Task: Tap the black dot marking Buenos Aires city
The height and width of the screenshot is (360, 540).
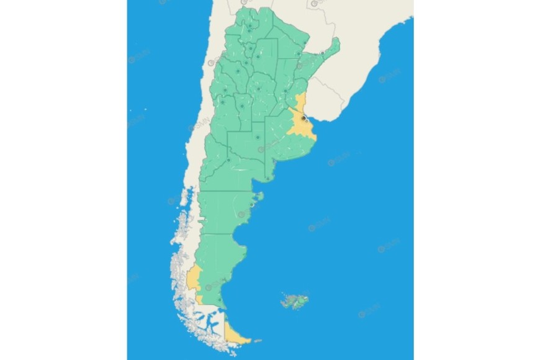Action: pos(303,117)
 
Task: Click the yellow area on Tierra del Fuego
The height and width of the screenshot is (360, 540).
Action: pos(235,335)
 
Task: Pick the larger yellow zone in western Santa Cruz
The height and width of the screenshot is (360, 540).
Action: pos(194,279)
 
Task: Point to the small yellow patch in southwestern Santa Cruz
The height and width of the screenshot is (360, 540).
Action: pos(200,299)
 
